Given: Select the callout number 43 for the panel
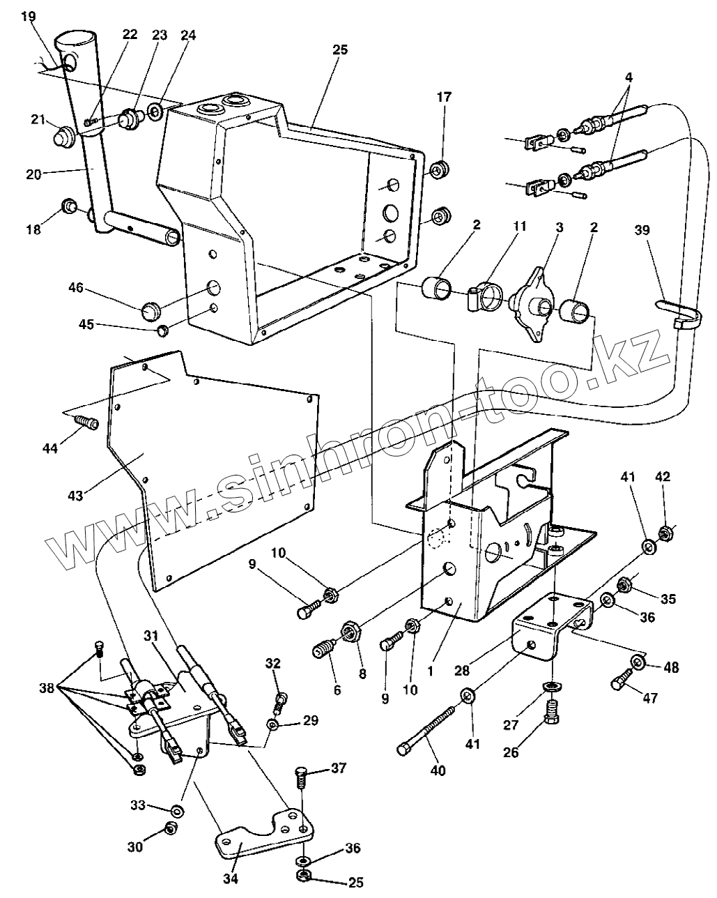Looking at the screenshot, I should pyautogui.click(x=75, y=496).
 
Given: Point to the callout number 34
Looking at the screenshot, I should pyautogui.click(x=230, y=878).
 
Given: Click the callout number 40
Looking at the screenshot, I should pyautogui.click(x=438, y=770).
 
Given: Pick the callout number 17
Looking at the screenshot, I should pyautogui.click(x=444, y=97).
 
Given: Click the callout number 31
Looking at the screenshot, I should pyautogui.click(x=151, y=637).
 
